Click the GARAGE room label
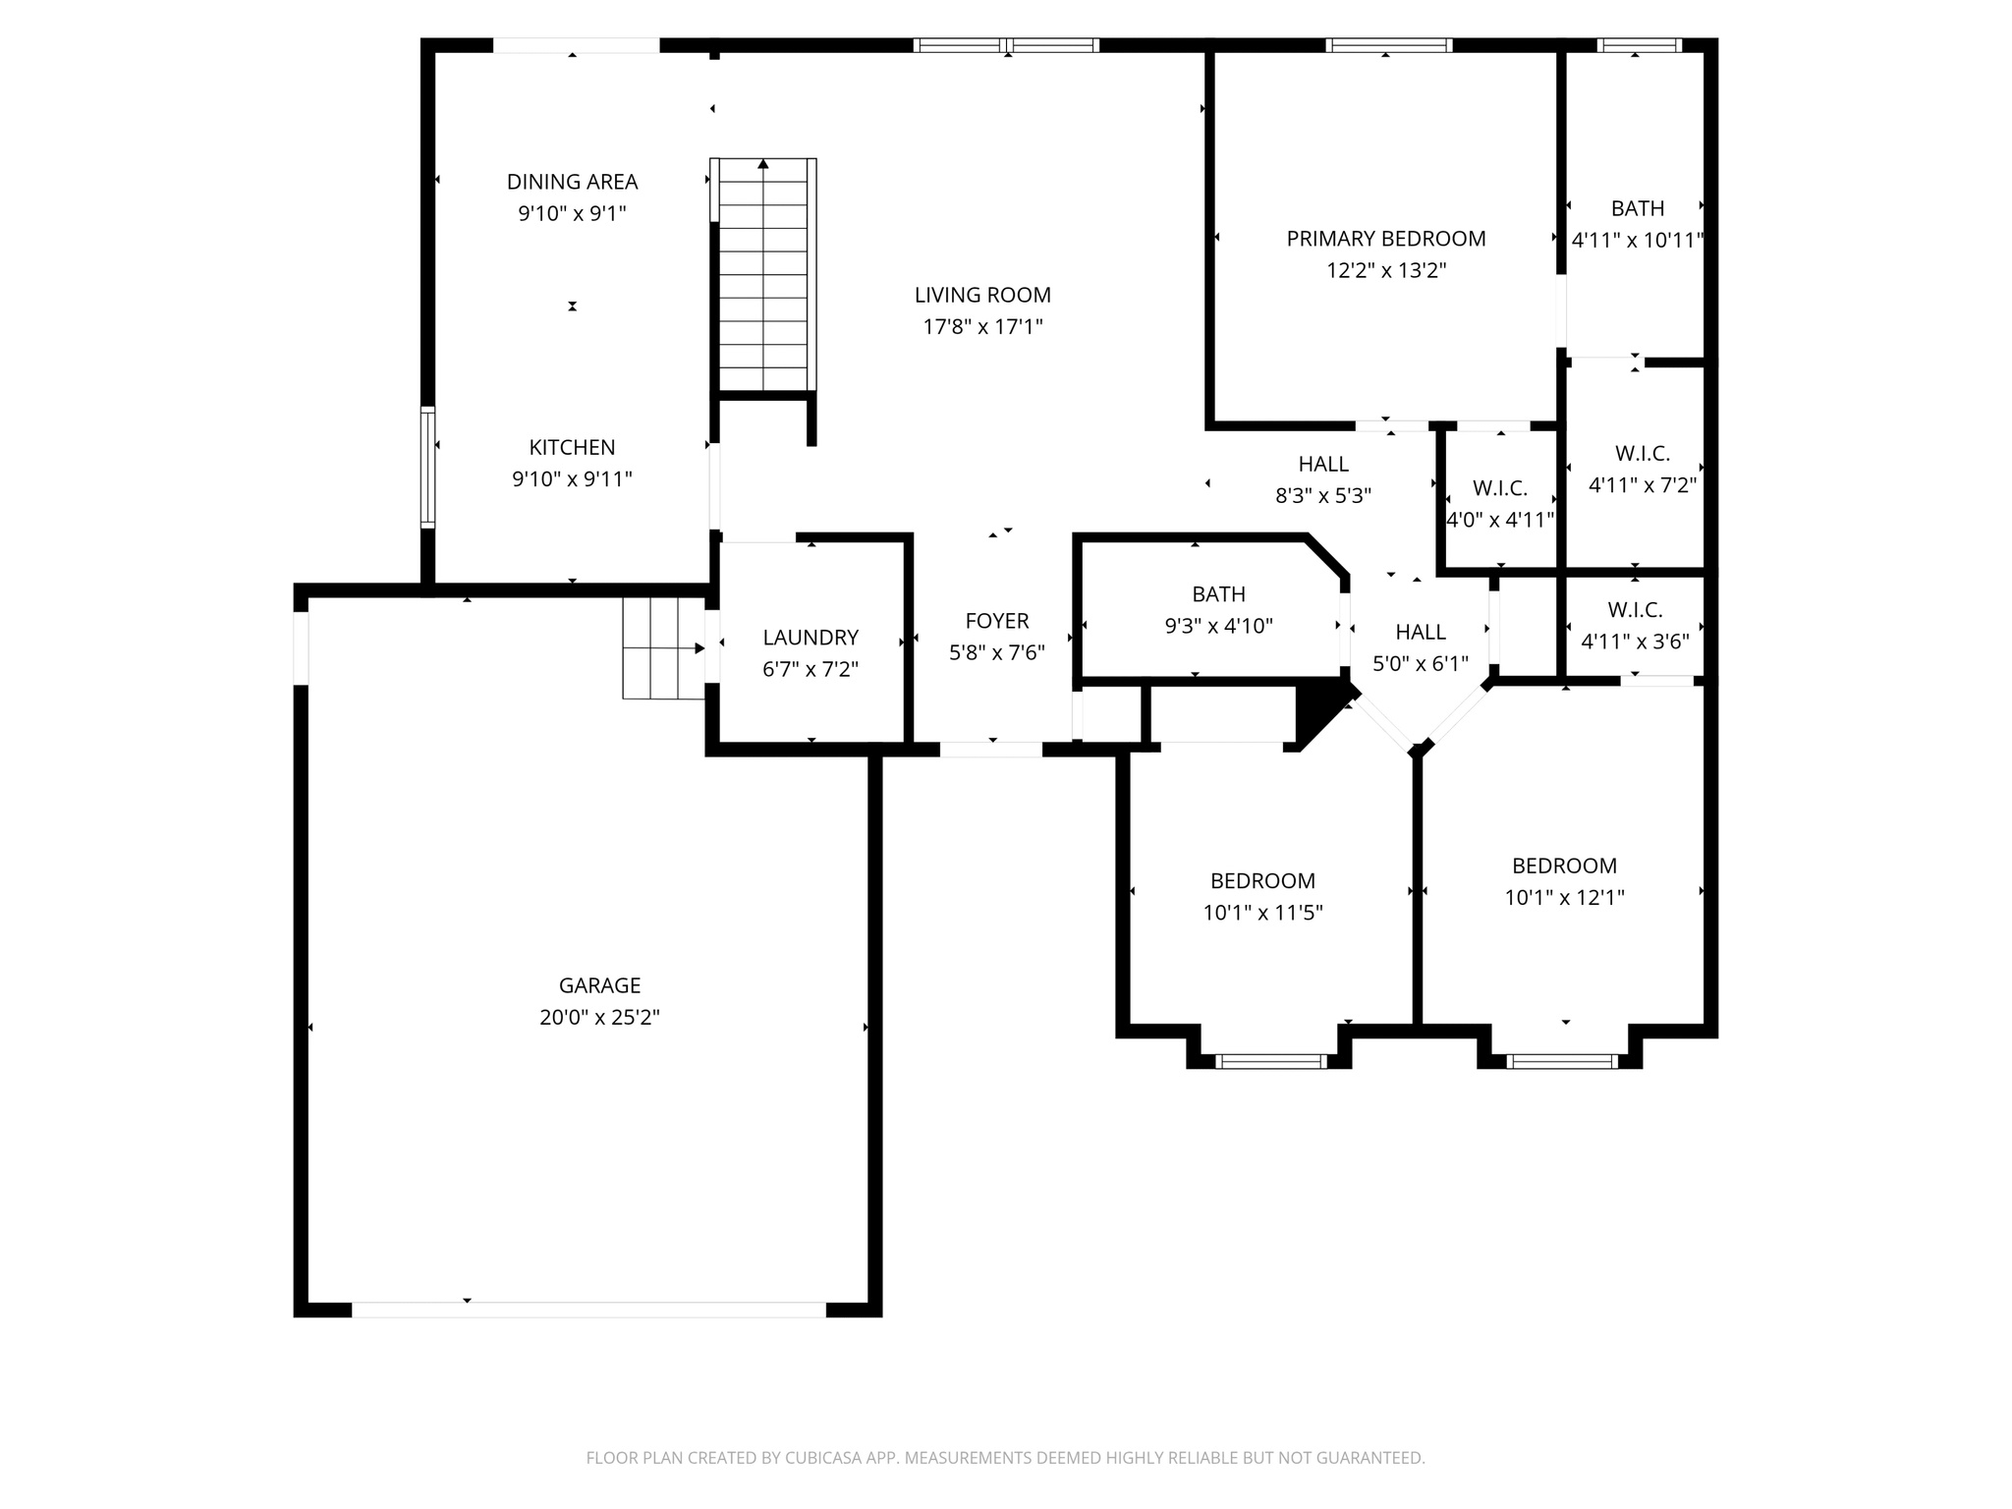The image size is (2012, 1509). click(599, 985)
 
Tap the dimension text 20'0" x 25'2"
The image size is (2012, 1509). click(599, 1018)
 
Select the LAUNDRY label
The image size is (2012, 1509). click(810, 638)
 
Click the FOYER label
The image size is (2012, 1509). click(997, 621)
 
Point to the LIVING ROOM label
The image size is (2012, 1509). click(982, 295)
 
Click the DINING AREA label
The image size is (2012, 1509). click(572, 182)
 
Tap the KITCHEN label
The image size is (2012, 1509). click(572, 448)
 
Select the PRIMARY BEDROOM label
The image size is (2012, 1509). click(1386, 239)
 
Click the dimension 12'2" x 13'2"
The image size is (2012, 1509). click(1386, 271)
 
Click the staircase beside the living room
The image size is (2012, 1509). click(763, 275)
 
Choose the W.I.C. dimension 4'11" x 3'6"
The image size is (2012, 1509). click(1635, 643)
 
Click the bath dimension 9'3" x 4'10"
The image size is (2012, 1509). click(1218, 627)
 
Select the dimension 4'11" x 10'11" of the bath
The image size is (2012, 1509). click(1637, 241)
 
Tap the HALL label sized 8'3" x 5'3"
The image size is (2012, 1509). click(1323, 464)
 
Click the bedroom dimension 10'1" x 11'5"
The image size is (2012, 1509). click(1262, 914)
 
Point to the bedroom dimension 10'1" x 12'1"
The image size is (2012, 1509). click(1564, 898)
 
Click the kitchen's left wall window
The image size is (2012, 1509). click(427, 467)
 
